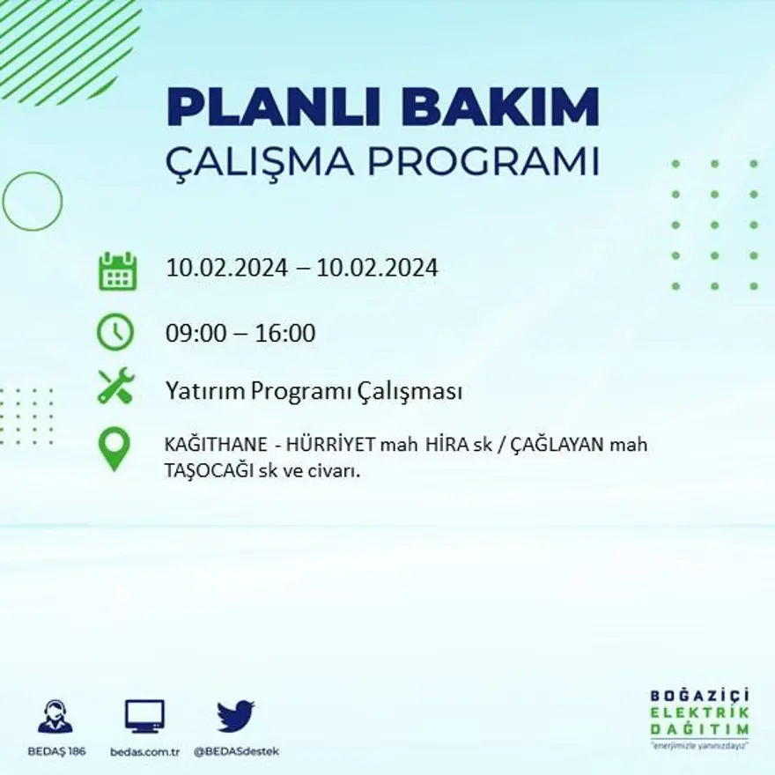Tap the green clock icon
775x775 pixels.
pyautogui.click(x=115, y=333)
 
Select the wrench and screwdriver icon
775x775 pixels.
pyautogui.click(x=115, y=386)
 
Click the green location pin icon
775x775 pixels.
pyautogui.click(x=114, y=448)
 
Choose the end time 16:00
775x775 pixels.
pyautogui.click(x=284, y=334)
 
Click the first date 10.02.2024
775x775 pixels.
pyautogui.click(x=226, y=268)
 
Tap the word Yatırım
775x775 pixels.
pyautogui.click(x=204, y=392)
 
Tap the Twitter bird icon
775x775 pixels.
pyautogui.click(x=235, y=716)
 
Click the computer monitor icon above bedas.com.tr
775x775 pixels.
pyautogui.click(x=144, y=716)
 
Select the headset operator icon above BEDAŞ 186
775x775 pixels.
pyautogui.click(x=55, y=716)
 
